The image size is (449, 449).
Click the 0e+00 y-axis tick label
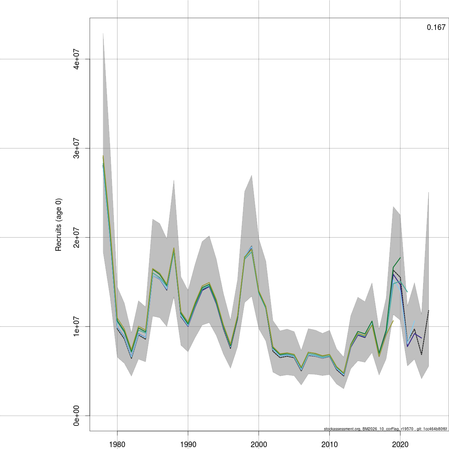click(x=76, y=415)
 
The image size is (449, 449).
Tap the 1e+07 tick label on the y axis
click(x=76, y=326)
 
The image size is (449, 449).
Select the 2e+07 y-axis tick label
click(x=76, y=237)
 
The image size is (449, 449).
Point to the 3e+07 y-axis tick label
click(x=76, y=148)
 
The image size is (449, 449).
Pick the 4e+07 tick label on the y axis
click(x=76, y=59)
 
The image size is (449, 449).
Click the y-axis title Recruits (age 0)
click(x=58, y=224)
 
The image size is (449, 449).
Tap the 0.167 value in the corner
click(x=436, y=27)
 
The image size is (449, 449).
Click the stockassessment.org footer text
click(x=385, y=429)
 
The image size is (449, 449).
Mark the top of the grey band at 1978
click(x=103, y=33)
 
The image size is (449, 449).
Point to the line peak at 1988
click(x=174, y=248)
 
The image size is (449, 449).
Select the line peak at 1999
click(x=252, y=247)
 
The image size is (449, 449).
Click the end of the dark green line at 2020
click(x=400, y=257)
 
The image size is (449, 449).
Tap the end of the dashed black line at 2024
click(x=428, y=311)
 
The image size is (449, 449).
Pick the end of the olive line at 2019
click(x=393, y=321)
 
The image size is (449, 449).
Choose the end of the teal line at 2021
click(x=407, y=291)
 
